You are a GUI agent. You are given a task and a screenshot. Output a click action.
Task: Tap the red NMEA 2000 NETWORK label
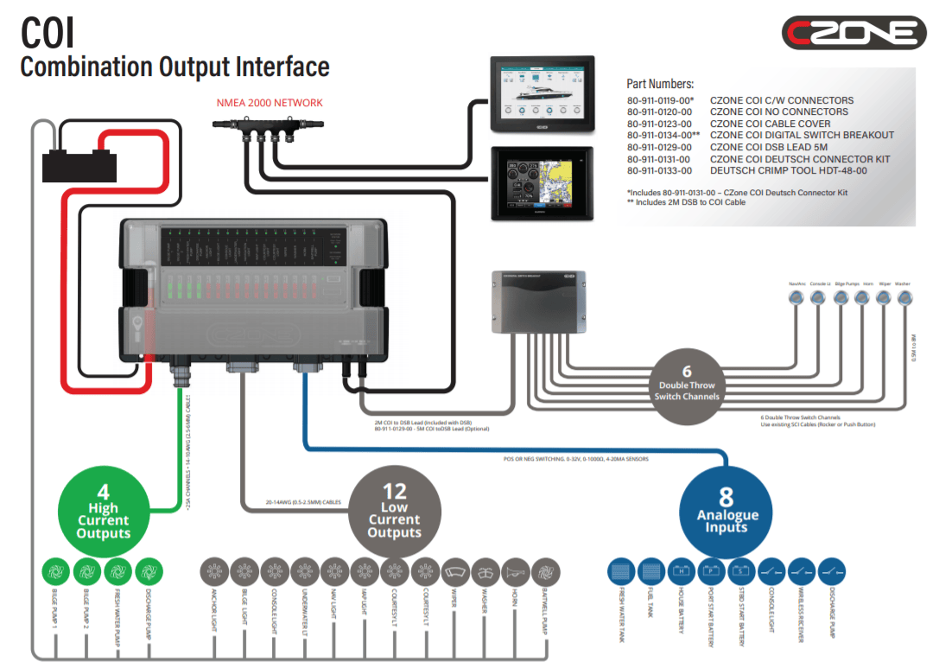269,103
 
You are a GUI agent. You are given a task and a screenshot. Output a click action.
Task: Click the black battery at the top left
80,162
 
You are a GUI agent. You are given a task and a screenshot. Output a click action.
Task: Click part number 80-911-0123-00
659,124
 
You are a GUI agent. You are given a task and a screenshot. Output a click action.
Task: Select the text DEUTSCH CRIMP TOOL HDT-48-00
789,171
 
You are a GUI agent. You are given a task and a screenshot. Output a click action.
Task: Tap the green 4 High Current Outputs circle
103,513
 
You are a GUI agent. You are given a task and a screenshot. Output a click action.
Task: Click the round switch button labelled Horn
861,297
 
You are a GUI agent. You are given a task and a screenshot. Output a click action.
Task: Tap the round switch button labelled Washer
904,297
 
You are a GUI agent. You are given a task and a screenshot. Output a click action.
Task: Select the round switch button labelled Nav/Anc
796,297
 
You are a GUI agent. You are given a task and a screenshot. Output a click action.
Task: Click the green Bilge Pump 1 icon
56,571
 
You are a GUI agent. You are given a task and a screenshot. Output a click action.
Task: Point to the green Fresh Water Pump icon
118,571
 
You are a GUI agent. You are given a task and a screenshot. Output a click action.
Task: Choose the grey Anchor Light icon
213,571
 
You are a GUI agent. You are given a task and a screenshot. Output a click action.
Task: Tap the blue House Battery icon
682,571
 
